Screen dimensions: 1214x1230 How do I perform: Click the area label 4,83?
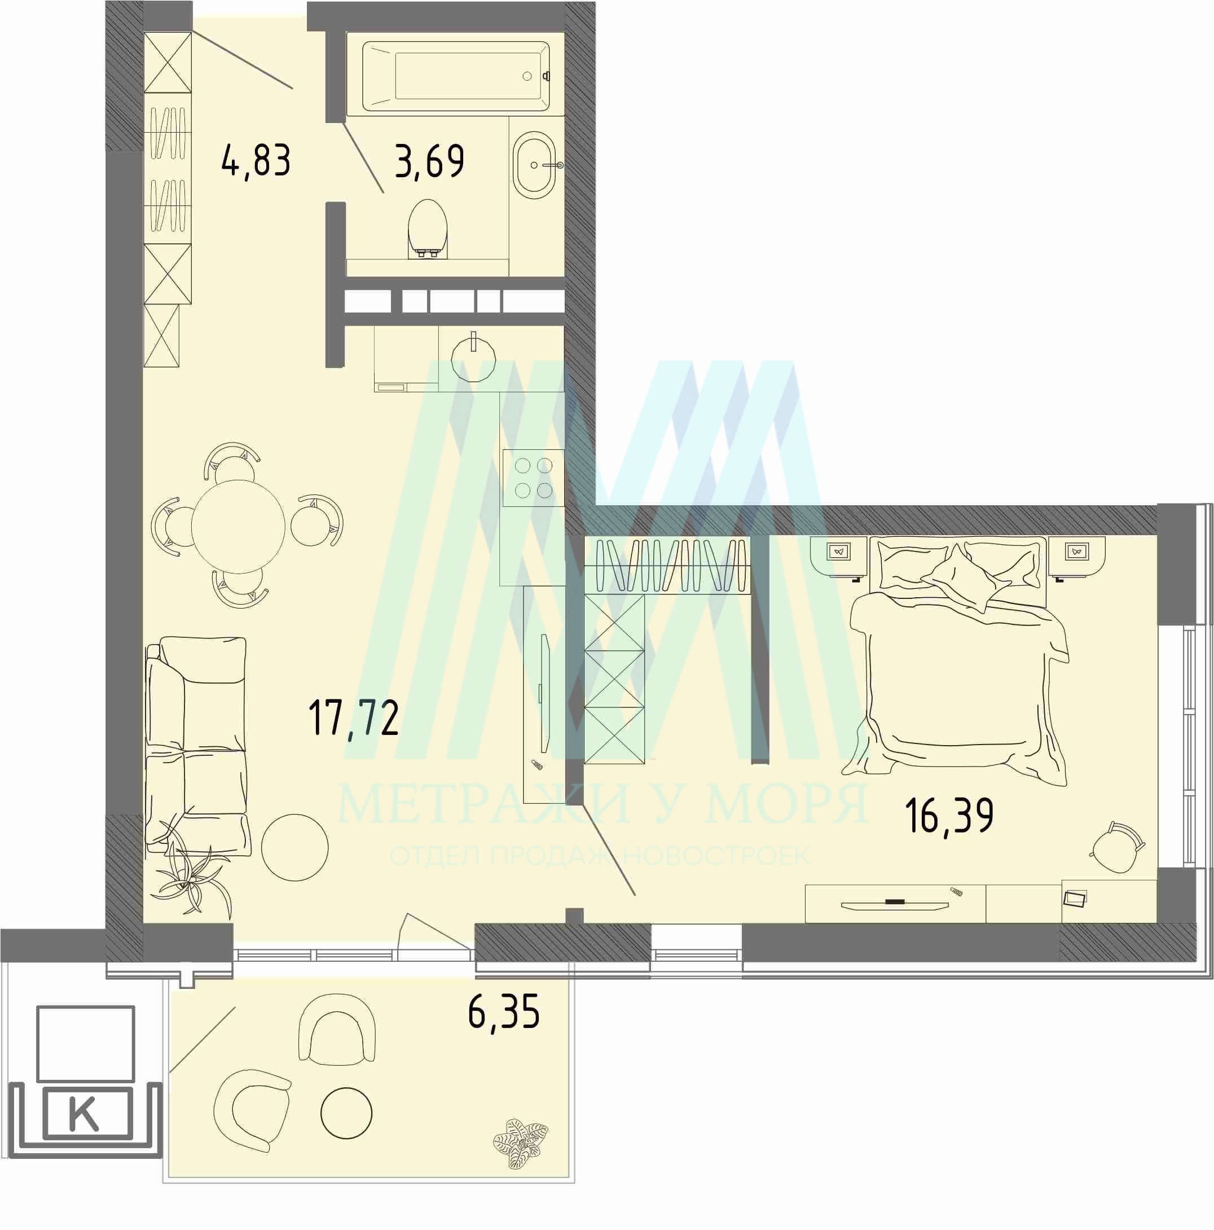point(257,160)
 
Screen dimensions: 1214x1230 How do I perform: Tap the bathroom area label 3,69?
point(429,160)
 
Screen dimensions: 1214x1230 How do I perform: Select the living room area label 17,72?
point(353,717)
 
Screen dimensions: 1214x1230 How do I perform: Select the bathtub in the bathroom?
point(456,76)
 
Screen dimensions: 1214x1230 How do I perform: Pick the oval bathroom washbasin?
point(536,165)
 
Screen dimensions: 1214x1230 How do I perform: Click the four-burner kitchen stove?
point(533,478)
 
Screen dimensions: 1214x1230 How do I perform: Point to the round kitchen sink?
point(473,358)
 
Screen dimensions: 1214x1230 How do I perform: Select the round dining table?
point(238,526)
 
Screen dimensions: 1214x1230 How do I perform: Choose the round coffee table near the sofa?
point(294,847)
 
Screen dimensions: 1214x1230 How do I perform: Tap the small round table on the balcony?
point(346,1114)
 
